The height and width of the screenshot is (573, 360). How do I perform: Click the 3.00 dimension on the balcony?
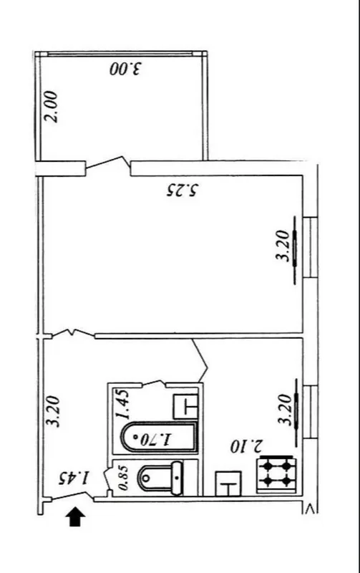125,69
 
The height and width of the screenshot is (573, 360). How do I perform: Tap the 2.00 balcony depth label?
50,107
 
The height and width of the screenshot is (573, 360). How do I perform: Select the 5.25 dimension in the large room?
182,191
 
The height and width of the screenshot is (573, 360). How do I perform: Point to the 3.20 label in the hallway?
52,410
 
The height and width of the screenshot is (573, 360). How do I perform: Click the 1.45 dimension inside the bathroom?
122,405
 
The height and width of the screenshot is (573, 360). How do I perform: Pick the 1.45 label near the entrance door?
74,478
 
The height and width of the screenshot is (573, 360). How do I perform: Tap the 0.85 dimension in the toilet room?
123,478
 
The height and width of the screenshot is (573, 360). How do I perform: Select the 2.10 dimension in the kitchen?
246,446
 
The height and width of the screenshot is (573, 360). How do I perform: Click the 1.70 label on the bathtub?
156,438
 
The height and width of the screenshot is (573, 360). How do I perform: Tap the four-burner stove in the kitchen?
276,474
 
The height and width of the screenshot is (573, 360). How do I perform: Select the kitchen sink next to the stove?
228,483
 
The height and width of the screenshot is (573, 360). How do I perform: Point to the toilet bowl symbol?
160,478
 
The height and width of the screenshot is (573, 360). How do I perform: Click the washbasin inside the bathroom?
186,406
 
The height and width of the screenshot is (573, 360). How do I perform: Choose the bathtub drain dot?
136,437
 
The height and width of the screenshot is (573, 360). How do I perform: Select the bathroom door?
153,383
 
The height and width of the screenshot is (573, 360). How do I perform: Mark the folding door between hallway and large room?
73,334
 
